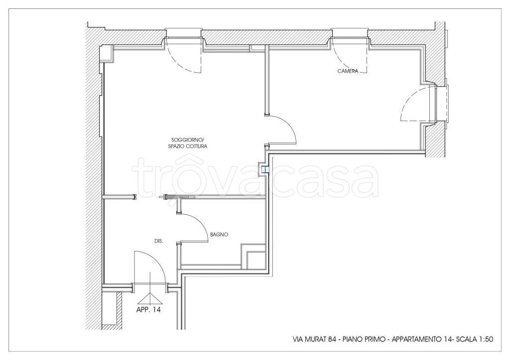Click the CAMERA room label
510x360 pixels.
[x=348, y=71]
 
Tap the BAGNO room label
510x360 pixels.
[x=219, y=234]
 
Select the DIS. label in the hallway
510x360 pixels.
[x=159, y=241]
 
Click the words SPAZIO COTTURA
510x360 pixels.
[x=188, y=146]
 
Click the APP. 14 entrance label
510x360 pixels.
[x=148, y=310]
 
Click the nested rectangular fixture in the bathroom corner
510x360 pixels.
[x=254, y=256]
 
